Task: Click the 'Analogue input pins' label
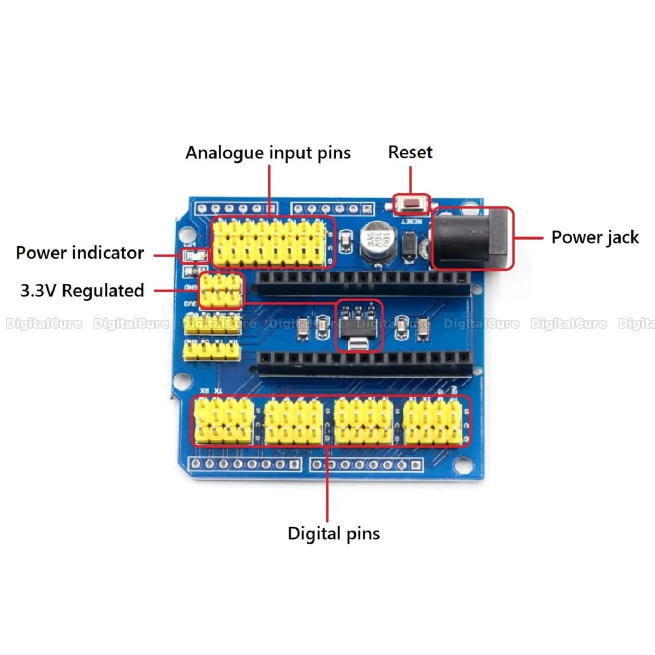pos(268,153)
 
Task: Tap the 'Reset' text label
pos(410,152)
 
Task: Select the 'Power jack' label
pos(594,237)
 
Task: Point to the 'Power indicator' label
pos(80,253)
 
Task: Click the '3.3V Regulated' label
pos(82,290)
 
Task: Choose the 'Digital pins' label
pos(334,533)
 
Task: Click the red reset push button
pos(412,205)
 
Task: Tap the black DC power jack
pos(473,238)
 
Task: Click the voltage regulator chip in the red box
pos(359,326)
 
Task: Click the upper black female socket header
pos(363,283)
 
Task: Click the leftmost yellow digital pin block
pos(224,420)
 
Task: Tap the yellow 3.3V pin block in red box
pos(221,290)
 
